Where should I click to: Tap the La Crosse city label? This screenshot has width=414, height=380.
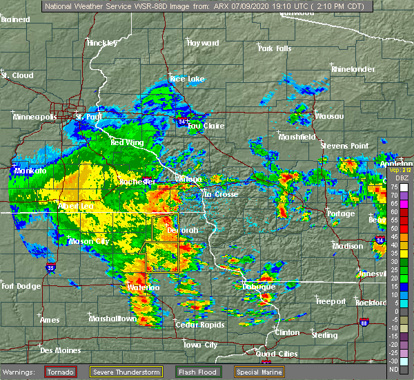pyautogui.click(x=221, y=194)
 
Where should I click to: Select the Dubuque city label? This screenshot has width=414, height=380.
pyautogui.click(x=259, y=286)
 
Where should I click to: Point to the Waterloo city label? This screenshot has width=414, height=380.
pyautogui.click(x=144, y=287)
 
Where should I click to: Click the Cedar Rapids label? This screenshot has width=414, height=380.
pyautogui.click(x=196, y=325)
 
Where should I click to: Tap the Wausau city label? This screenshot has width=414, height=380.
pyautogui.click(x=329, y=116)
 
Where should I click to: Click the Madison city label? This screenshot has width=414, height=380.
pyautogui.click(x=347, y=246)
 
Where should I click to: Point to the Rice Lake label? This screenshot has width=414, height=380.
pyautogui.click(x=187, y=79)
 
